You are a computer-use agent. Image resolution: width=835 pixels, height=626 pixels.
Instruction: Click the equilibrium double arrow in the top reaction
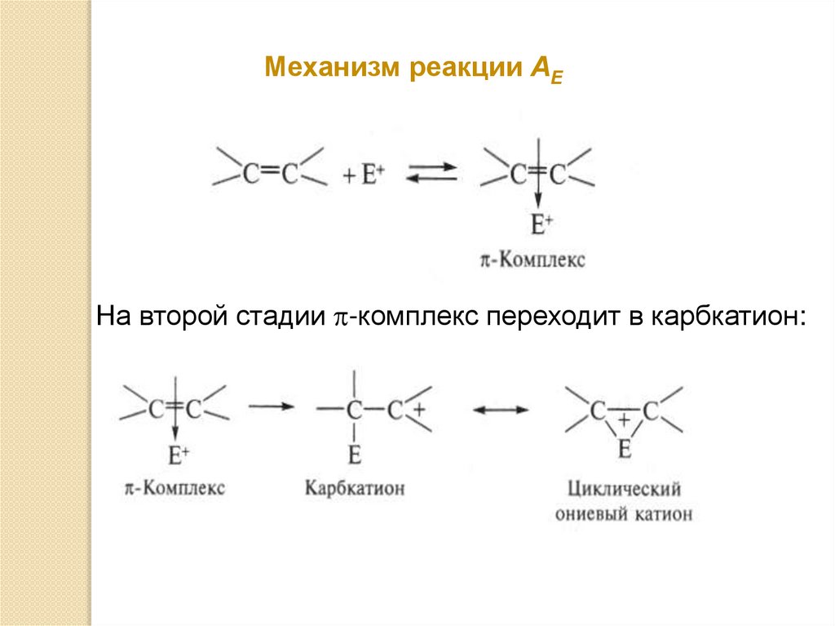click(x=431, y=173)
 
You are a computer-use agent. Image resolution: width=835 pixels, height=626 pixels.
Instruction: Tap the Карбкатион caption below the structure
click(x=355, y=488)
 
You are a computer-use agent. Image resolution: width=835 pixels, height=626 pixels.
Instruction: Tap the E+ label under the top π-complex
click(x=541, y=223)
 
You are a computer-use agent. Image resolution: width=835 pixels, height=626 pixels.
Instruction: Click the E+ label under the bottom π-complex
click(x=177, y=453)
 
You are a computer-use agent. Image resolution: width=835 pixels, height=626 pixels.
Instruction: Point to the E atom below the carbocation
click(x=354, y=453)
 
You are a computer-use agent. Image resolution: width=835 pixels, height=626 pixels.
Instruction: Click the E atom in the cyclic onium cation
click(x=625, y=447)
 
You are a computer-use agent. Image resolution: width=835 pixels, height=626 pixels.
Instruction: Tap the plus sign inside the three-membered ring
click(x=625, y=421)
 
